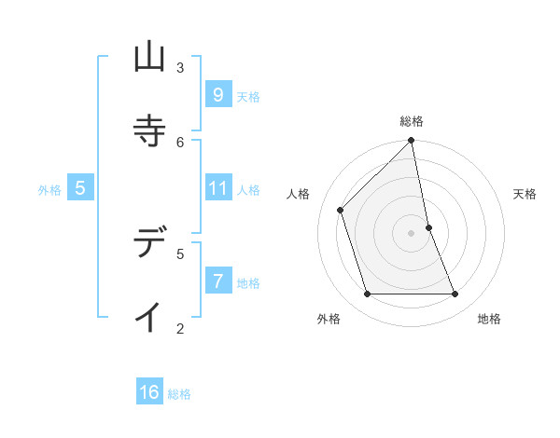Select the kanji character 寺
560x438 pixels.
[149, 129]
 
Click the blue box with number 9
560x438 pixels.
[217, 94]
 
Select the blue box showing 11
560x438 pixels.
[217, 189]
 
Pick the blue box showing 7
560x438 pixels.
[217, 281]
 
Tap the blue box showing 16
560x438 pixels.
[149, 392]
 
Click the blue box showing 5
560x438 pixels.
[80, 189]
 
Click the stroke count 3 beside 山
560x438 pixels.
[180, 67]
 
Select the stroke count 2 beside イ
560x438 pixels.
[180, 327]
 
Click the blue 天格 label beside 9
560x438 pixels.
[248, 97]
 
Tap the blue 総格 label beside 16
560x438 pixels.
[179, 394]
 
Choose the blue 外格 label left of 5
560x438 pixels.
[49, 190]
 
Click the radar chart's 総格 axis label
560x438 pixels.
[412, 121]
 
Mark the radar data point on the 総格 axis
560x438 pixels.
[412, 142]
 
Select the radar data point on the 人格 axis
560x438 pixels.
[341, 211]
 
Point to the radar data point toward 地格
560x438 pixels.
[455, 294]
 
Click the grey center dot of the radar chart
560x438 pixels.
[412, 233]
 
